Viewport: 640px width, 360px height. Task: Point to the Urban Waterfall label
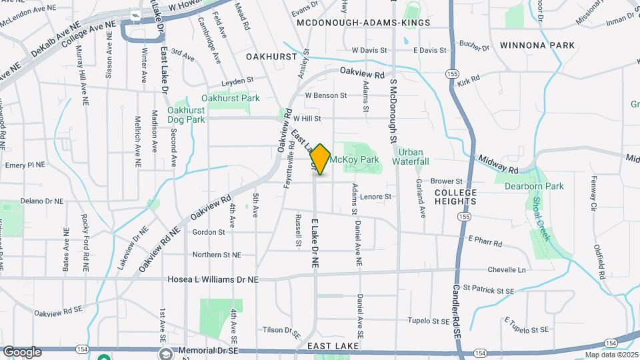[410, 157]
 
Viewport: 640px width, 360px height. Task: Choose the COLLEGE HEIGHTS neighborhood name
[455, 197]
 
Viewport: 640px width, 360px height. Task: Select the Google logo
[22, 351]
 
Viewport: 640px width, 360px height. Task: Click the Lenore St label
[375, 197]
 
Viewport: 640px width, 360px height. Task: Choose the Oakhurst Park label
[230, 98]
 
